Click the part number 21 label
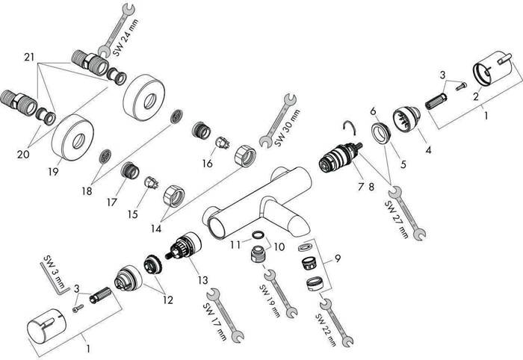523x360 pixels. pos(29,58)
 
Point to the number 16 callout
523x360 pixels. pos(208,163)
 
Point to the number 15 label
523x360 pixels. pos(133,214)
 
